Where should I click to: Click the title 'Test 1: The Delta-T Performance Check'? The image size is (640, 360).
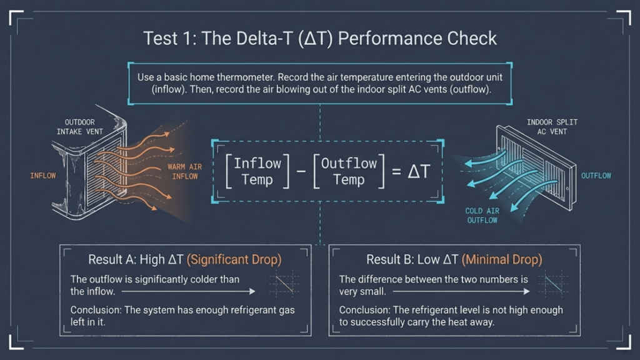click(320, 38)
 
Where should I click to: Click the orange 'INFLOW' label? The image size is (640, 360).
click(42, 176)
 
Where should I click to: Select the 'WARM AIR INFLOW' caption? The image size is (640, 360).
click(182, 172)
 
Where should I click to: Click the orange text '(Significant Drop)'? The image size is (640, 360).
click(234, 259)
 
